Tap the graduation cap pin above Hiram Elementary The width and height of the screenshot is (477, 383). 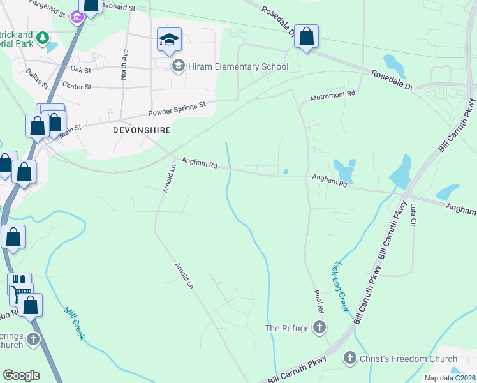tap(169, 41)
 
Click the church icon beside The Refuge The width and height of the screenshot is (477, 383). tap(320, 328)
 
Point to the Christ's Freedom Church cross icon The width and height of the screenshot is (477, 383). tap(349, 359)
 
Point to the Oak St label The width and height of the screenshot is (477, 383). tap(81, 69)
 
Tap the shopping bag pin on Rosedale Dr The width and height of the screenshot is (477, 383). tap(306, 38)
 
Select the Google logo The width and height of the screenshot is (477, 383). tap(21, 375)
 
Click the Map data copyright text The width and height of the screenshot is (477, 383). tap(450, 378)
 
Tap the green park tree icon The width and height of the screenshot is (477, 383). tap(43, 38)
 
